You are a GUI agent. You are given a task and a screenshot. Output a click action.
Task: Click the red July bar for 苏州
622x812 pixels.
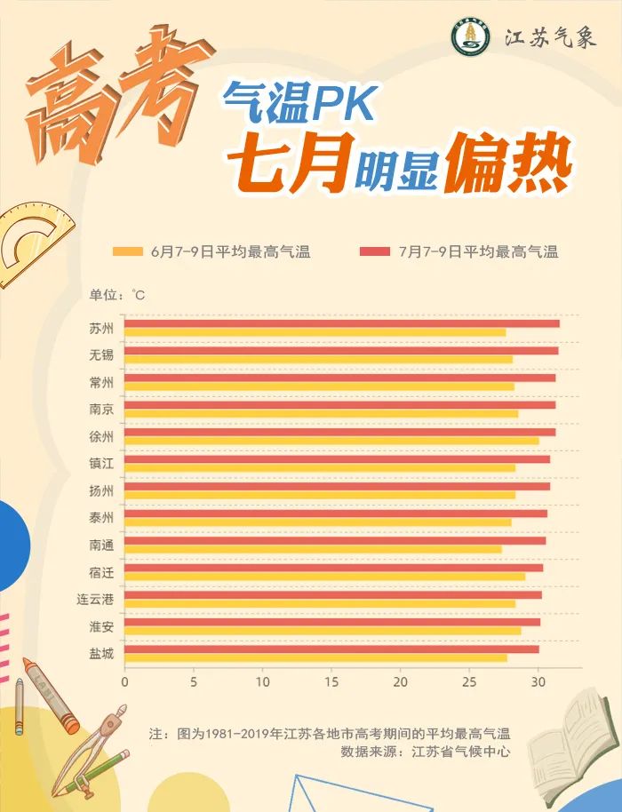click(x=342, y=323)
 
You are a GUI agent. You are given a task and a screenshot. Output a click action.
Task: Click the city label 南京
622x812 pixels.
click(x=101, y=410)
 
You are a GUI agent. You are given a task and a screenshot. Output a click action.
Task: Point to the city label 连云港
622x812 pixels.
click(x=95, y=600)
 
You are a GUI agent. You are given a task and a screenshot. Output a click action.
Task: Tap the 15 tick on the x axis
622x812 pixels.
click(x=331, y=682)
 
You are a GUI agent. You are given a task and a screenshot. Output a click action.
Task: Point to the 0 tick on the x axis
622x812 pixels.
click(x=124, y=682)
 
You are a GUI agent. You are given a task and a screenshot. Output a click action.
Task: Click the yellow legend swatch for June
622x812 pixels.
click(x=128, y=252)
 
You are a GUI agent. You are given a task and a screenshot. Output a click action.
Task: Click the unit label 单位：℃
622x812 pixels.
click(x=116, y=294)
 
